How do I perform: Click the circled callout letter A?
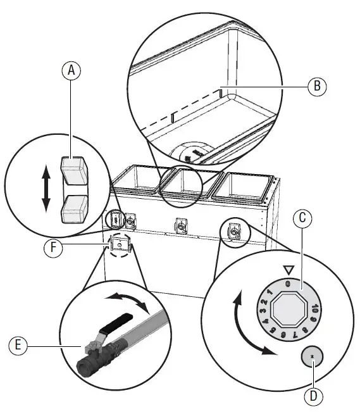tap(72, 71)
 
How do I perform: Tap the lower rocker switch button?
tap(74, 207)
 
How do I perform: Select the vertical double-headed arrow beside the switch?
tap(46, 188)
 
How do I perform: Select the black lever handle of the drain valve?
tap(118, 321)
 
